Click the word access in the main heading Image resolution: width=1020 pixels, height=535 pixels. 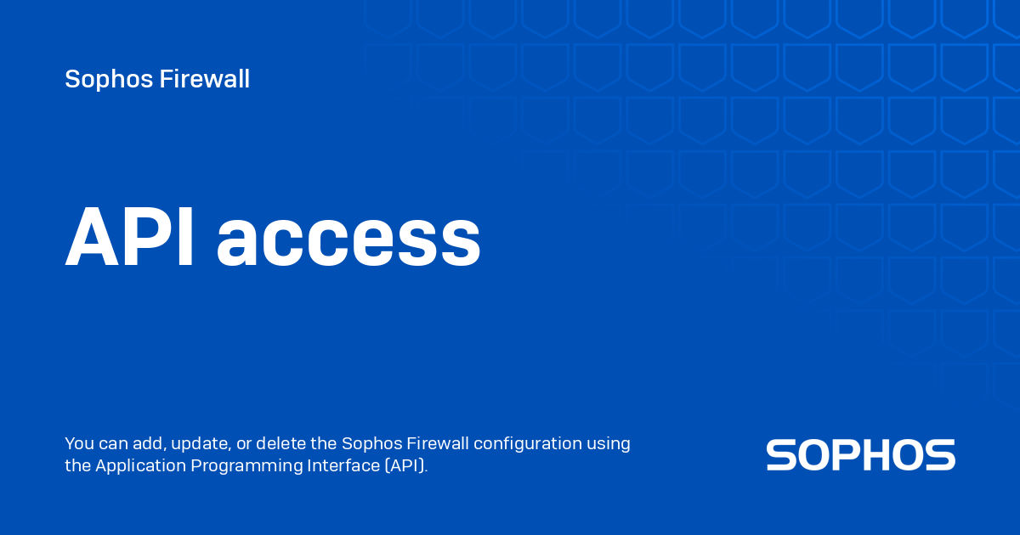(348, 242)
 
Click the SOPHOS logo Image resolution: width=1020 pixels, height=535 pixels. (860, 455)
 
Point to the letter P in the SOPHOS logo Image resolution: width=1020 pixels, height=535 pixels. (860, 455)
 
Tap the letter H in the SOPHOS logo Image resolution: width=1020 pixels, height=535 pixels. (893, 455)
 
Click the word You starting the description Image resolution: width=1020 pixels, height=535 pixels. (79, 444)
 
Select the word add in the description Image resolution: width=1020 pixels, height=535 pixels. (144, 444)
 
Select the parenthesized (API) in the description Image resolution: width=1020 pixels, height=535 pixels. (405, 466)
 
